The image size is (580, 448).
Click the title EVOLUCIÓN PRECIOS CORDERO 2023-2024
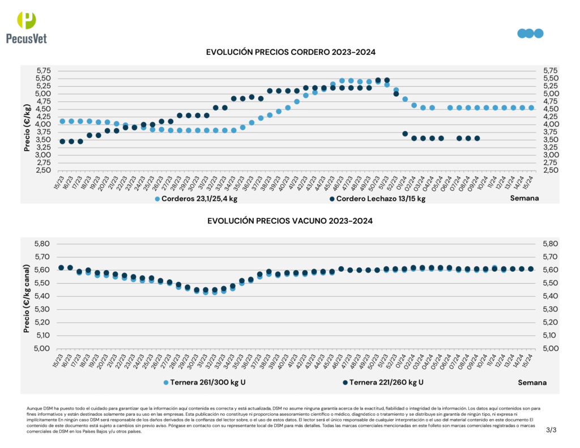click(x=291, y=52)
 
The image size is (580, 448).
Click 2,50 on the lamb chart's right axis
click(x=550, y=170)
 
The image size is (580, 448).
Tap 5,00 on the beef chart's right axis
click(x=550, y=348)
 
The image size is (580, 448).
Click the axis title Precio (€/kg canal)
click(x=27, y=296)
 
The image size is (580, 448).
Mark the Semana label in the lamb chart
click(x=524, y=198)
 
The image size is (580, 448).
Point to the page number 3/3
click(x=552, y=430)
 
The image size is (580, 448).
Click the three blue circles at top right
click(x=530, y=33)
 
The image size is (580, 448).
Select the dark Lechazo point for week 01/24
click(x=405, y=134)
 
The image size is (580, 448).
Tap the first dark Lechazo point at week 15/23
click(x=62, y=141)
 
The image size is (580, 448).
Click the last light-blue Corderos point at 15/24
click(x=531, y=108)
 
